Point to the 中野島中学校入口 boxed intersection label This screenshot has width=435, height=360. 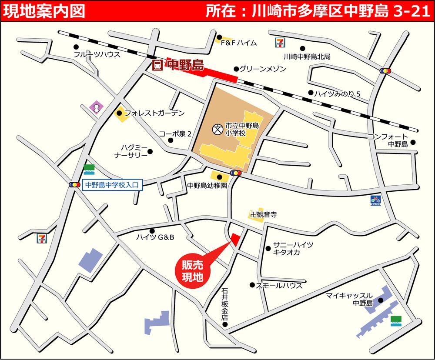[x=111, y=185]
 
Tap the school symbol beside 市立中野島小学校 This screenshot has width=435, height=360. [x=216, y=129]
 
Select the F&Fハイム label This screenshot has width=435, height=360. [x=239, y=43]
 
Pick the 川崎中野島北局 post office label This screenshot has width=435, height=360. [x=307, y=57]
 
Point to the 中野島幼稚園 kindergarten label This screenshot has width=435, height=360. [x=207, y=185]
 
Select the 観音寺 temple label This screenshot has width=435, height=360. [x=267, y=214]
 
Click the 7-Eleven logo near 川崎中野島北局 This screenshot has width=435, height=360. [x=278, y=42]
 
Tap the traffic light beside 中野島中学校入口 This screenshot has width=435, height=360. [x=74, y=185]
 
